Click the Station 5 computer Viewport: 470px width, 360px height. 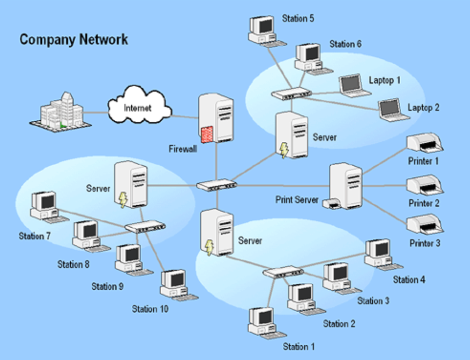[263, 30]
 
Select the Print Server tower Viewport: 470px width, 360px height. [347, 186]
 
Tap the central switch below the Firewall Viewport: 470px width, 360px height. [217, 185]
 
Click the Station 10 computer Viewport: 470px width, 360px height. [175, 285]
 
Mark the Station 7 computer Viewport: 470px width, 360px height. [45, 206]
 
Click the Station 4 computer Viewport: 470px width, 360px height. [379, 253]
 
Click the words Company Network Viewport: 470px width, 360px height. [74, 39]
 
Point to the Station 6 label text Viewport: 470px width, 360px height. [345, 44]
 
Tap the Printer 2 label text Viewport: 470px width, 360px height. [424, 203]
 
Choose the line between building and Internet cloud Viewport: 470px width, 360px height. [96, 112]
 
